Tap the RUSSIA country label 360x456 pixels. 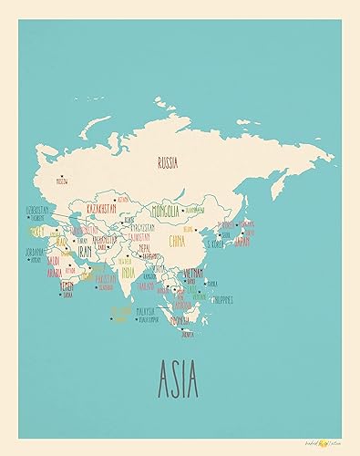pyautogui.click(x=168, y=163)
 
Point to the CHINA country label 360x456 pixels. pyautogui.click(x=177, y=242)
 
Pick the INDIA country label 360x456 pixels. pyautogui.click(x=129, y=271)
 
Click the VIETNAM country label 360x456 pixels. pyautogui.click(x=193, y=271)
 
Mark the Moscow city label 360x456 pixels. pyautogui.click(x=62, y=181)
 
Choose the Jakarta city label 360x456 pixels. pyautogui.click(x=189, y=335)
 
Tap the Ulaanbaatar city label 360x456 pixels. pyautogui.click(x=193, y=209)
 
